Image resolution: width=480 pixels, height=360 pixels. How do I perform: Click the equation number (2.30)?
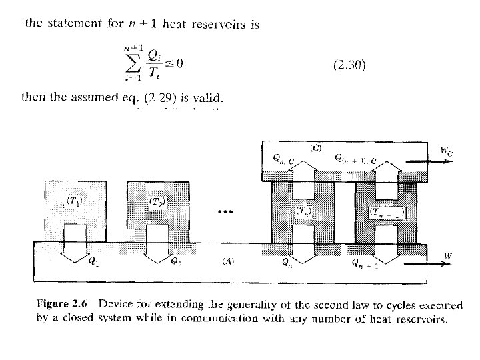[349, 65]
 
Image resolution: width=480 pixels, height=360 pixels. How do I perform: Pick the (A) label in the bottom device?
[227, 261]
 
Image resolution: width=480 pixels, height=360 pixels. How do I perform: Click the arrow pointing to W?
[429, 263]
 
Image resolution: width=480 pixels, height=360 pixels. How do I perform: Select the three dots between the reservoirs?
[226, 212]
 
